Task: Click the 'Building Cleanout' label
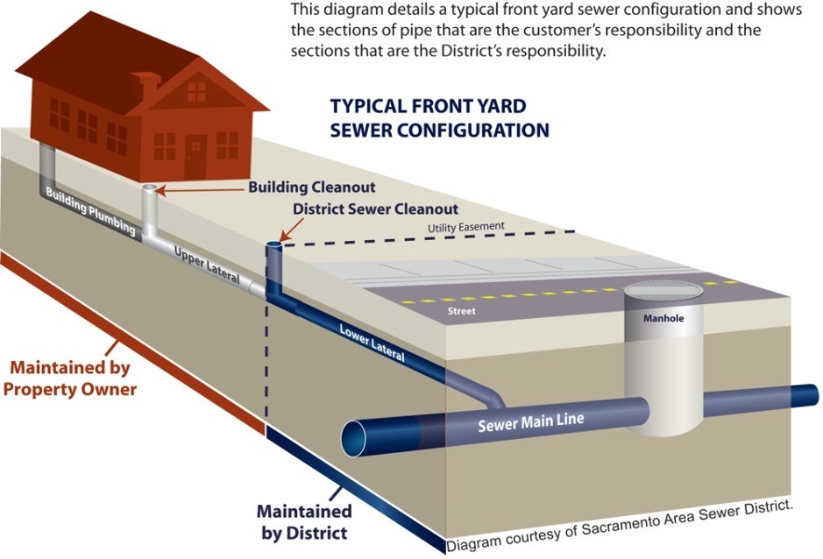pos(312,188)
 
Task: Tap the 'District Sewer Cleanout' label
pos(376,209)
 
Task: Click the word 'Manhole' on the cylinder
pos(663,318)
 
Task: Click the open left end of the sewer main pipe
pos(355,436)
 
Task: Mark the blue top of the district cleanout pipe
pos(274,246)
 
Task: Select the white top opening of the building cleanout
pos(151,188)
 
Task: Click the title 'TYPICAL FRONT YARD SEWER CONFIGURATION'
pos(439,118)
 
